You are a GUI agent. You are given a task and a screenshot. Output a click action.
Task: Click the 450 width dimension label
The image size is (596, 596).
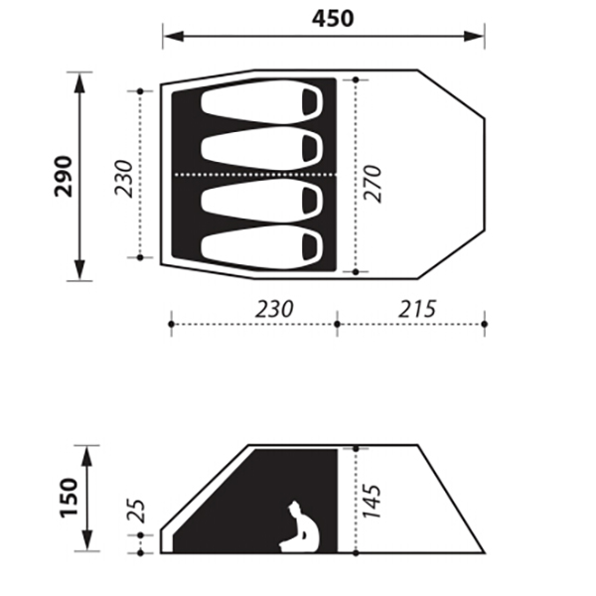[333, 18]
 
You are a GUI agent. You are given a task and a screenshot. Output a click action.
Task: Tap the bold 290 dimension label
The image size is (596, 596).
[64, 177]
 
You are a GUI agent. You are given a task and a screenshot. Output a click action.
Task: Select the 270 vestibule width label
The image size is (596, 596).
[372, 183]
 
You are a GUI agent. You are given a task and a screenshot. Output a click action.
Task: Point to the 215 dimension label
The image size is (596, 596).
[417, 309]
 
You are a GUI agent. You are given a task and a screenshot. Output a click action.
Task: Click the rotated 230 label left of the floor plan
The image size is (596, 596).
[124, 179]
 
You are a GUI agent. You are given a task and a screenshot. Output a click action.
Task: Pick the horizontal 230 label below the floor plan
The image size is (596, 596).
[274, 309]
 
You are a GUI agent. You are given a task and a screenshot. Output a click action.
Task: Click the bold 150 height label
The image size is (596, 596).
[69, 498]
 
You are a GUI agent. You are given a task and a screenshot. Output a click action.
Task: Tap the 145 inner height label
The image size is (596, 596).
[372, 501]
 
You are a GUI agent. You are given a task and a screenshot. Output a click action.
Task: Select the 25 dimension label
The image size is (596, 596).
[136, 511]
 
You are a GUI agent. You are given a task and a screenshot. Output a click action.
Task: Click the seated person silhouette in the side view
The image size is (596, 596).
[300, 526]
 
